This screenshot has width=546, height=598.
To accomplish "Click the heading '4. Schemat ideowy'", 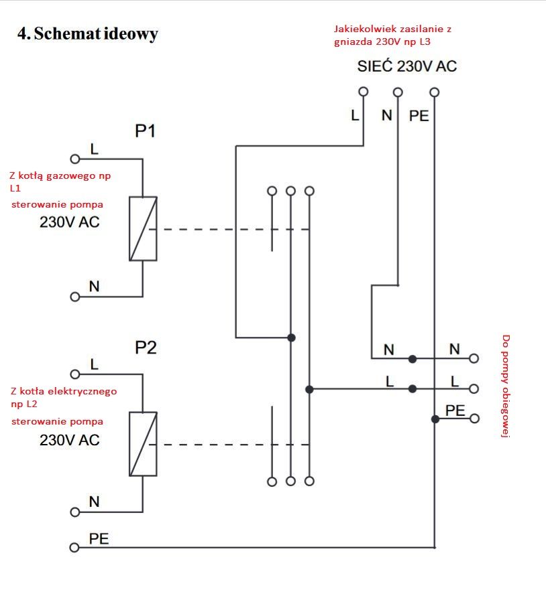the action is pyautogui.click(x=87, y=33).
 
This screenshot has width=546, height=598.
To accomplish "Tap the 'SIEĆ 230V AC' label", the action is pyautogui.click(x=407, y=66).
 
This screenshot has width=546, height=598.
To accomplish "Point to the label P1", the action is pyautogui.click(x=145, y=131).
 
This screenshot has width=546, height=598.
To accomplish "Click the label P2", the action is pyautogui.click(x=146, y=348).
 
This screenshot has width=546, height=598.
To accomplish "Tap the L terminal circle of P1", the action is pyautogui.click(x=75, y=159).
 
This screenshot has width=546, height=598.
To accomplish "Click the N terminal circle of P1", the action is pyautogui.click(x=75, y=297).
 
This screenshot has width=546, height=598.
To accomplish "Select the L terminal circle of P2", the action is pyautogui.click(x=75, y=374).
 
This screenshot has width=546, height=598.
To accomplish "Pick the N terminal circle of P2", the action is pyautogui.click(x=75, y=512).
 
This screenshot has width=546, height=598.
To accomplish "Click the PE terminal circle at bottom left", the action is pyautogui.click(x=74, y=548).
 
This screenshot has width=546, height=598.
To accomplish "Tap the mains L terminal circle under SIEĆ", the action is pyautogui.click(x=364, y=92).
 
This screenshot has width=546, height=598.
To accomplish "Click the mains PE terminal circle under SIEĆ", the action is pyautogui.click(x=435, y=92).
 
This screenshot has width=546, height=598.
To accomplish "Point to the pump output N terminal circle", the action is pyautogui.click(x=474, y=358).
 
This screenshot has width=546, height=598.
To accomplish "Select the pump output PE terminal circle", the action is pyautogui.click(x=474, y=419).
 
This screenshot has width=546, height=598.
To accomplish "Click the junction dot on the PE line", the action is pyautogui.click(x=435, y=419).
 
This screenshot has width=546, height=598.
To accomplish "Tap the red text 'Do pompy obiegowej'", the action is pyautogui.click(x=506, y=386).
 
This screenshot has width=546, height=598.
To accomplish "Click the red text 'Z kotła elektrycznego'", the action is pyautogui.click(x=64, y=391).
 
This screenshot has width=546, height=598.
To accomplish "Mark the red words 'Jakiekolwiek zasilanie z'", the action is pyautogui.click(x=393, y=29).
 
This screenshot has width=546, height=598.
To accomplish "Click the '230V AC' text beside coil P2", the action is pyautogui.click(x=70, y=440).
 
